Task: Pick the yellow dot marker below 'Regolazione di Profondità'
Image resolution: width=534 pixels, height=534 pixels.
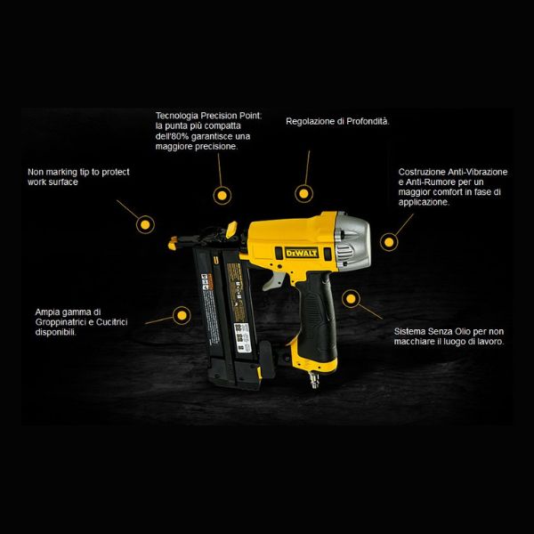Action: (x=303, y=192)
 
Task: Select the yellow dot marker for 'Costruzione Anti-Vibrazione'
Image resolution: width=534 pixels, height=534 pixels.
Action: (x=389, y=240)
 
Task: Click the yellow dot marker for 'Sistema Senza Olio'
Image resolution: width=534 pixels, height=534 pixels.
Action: (x=351, y=300)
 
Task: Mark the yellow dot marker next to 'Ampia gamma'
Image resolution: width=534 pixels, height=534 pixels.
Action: (x=182, y=314)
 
